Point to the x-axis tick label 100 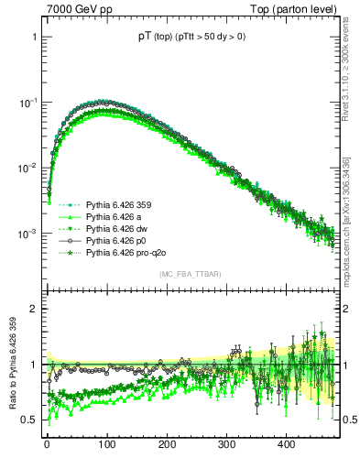point(106,444)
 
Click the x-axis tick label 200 point(167,444)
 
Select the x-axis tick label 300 point(226,444)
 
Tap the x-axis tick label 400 point(286,444)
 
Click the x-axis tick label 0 point(47,444)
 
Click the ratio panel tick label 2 point(35,309)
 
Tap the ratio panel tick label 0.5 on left point(31,420)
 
